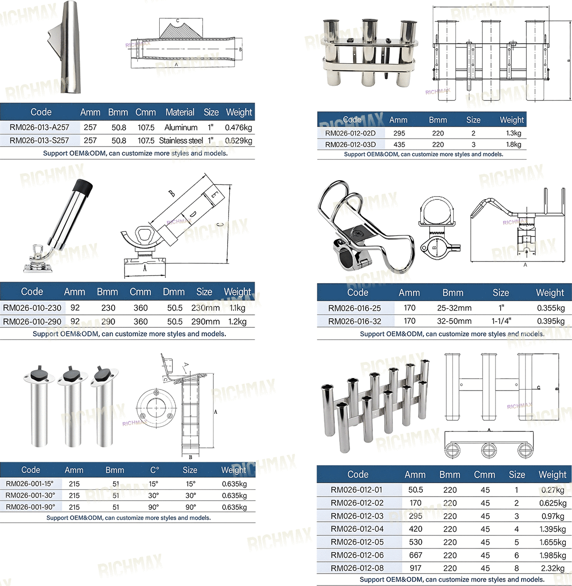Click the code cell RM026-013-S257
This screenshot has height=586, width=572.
pyautogui.click(x=39, y=140)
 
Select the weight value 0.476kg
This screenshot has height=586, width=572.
pyautogui.click(x=238, y=127)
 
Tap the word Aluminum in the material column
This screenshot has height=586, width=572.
pyautogui.click(x=181, y=127)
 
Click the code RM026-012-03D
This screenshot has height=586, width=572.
pyautogui.click(x=350, y=145)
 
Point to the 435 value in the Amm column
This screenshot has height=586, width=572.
pyautogui.click(x=399, y=145)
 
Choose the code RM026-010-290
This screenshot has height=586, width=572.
pyautogui.click(x=32, y=322)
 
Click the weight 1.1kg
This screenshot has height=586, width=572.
pyautogui.click(x=238, y=308)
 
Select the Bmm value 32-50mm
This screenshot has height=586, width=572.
pyautogui.click(x=454, y=321)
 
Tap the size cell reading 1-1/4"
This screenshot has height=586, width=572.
pyautogui.click(x=501, y=321)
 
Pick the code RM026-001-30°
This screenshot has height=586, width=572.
pyautogui.click(x=30, y=495)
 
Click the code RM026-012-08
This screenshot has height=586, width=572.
pyautogui.click(x=357, y=568)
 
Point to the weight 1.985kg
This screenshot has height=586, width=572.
pyautogui.click(x=553, y=555)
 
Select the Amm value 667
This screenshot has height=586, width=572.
pyautogui.click(x=416, y=555)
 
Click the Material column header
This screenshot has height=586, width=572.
pyautogui.click(x=180, y=112)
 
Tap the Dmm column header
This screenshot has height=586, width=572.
pyautogui.click(x=174, y=292)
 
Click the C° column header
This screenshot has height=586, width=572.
pyautogui.click(x=155, y=470)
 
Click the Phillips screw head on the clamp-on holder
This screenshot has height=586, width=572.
pyautogui.click(x=358, y=233)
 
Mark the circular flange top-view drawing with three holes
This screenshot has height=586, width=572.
pyautogui.click(x=156, y=408)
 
